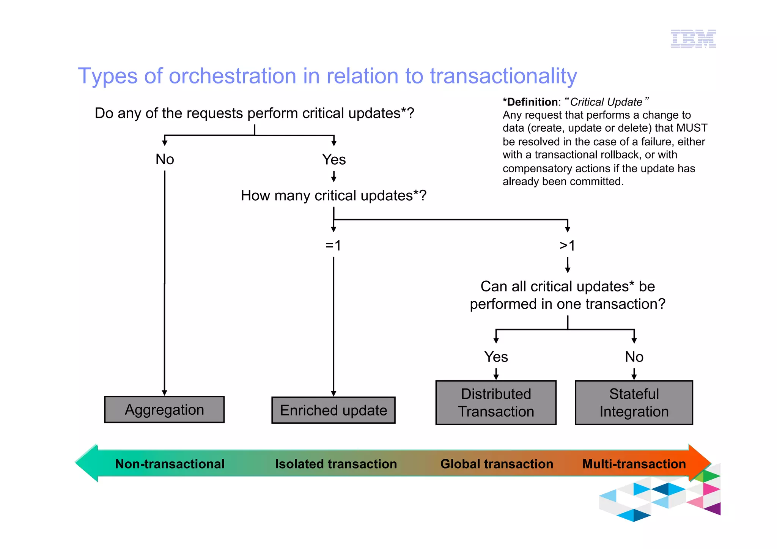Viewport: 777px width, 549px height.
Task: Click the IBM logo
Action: point(693,39)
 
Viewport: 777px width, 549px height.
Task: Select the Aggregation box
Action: point(164,410)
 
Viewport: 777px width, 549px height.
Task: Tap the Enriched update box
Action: point(333,411)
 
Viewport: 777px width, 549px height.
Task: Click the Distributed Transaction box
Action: point(495,403)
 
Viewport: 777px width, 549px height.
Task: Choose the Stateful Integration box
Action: point(634,403)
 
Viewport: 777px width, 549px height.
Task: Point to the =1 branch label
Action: point(333,245)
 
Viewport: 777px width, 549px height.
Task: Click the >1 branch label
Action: point(567,245)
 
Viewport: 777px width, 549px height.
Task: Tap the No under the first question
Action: point(165,159)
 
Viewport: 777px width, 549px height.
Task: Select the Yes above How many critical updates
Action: point(334,159)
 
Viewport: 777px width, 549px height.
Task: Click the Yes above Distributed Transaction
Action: point(496,357)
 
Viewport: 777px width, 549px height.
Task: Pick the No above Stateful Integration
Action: point(634,357)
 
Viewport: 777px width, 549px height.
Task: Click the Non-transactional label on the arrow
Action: point(170,464)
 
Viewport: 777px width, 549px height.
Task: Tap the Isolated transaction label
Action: point(336,464)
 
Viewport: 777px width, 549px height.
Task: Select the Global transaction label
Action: point(497,464)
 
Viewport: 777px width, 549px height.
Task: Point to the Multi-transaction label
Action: point(634,464)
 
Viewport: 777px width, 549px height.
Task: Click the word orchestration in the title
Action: point(232,76)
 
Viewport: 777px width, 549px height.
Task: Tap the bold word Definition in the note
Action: point(532,102)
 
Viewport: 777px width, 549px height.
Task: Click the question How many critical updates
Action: point(333,196)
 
